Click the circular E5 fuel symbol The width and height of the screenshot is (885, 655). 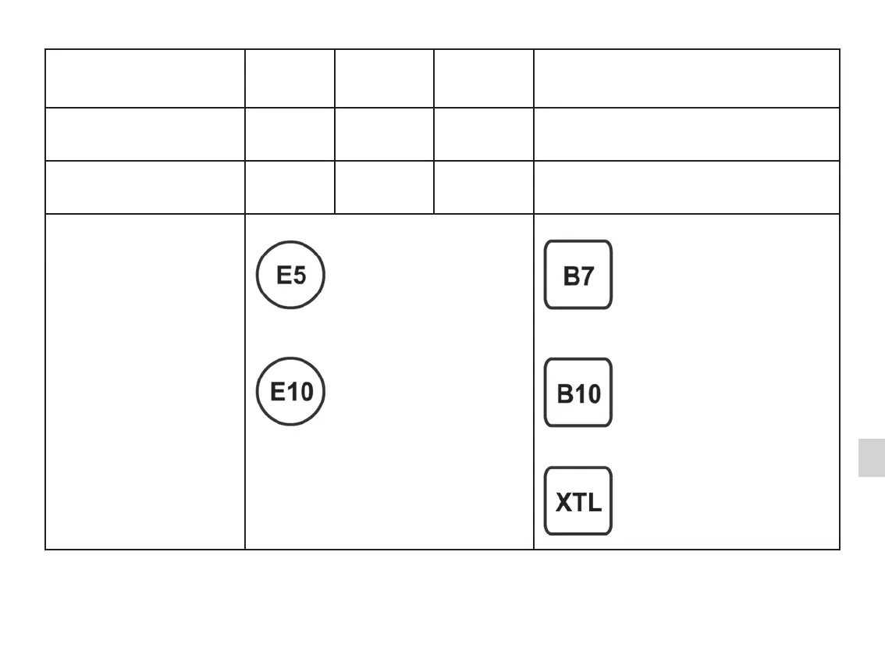[290, 275]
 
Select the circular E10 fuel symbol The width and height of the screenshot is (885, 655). [290, 391]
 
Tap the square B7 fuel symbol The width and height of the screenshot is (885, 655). [578, 275]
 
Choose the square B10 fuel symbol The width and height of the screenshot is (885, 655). [578, 393]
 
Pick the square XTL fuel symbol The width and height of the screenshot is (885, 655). [578, 501]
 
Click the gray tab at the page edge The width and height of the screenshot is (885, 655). [871, 457]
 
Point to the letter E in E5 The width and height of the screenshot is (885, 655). [283, 276]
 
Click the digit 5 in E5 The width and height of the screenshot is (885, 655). [299, 276]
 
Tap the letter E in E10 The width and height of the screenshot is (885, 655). [277, 392]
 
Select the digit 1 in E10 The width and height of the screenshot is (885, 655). [290, 392]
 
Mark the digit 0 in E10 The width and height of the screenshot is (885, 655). [304, 392]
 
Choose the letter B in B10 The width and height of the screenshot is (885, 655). [564, 394]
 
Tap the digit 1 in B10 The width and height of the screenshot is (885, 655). [578, 394]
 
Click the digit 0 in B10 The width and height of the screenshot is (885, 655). [592, 394]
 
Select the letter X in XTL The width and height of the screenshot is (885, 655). [563, 503]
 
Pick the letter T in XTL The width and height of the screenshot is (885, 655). [578, 503]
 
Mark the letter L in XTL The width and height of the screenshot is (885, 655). [593, 503]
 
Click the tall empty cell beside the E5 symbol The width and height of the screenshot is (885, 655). [144, 381]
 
